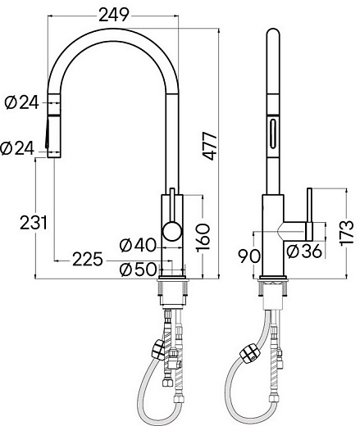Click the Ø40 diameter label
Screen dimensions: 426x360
[x=137, y=244]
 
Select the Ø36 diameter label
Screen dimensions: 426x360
[x=304, y=251]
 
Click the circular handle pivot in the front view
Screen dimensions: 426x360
[x=171, y=230]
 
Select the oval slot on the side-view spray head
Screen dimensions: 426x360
[x=271, y=130]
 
